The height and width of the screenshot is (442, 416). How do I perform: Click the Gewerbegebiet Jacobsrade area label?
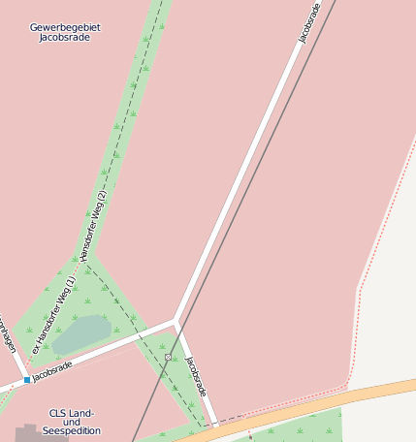tap(65, 32)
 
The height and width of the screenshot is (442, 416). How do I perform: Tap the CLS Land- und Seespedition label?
tap(70, 422)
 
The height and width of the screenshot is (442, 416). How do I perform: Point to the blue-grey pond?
tap(81, 332)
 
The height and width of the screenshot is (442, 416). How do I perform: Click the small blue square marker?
tap(27, 380)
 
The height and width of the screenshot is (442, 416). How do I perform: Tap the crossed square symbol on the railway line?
tap(168, 357)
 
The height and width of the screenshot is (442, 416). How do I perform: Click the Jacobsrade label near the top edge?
tap(309, 23)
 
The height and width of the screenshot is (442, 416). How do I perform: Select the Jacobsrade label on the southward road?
tap(196, 376)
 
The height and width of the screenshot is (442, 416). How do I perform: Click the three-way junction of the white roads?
tap(175, 320)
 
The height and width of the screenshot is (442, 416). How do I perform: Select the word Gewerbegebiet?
tap(65, 27)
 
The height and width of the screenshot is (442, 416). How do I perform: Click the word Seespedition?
tap(72, 430)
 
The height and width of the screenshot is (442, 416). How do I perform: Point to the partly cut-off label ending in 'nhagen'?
tap(8, 334)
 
